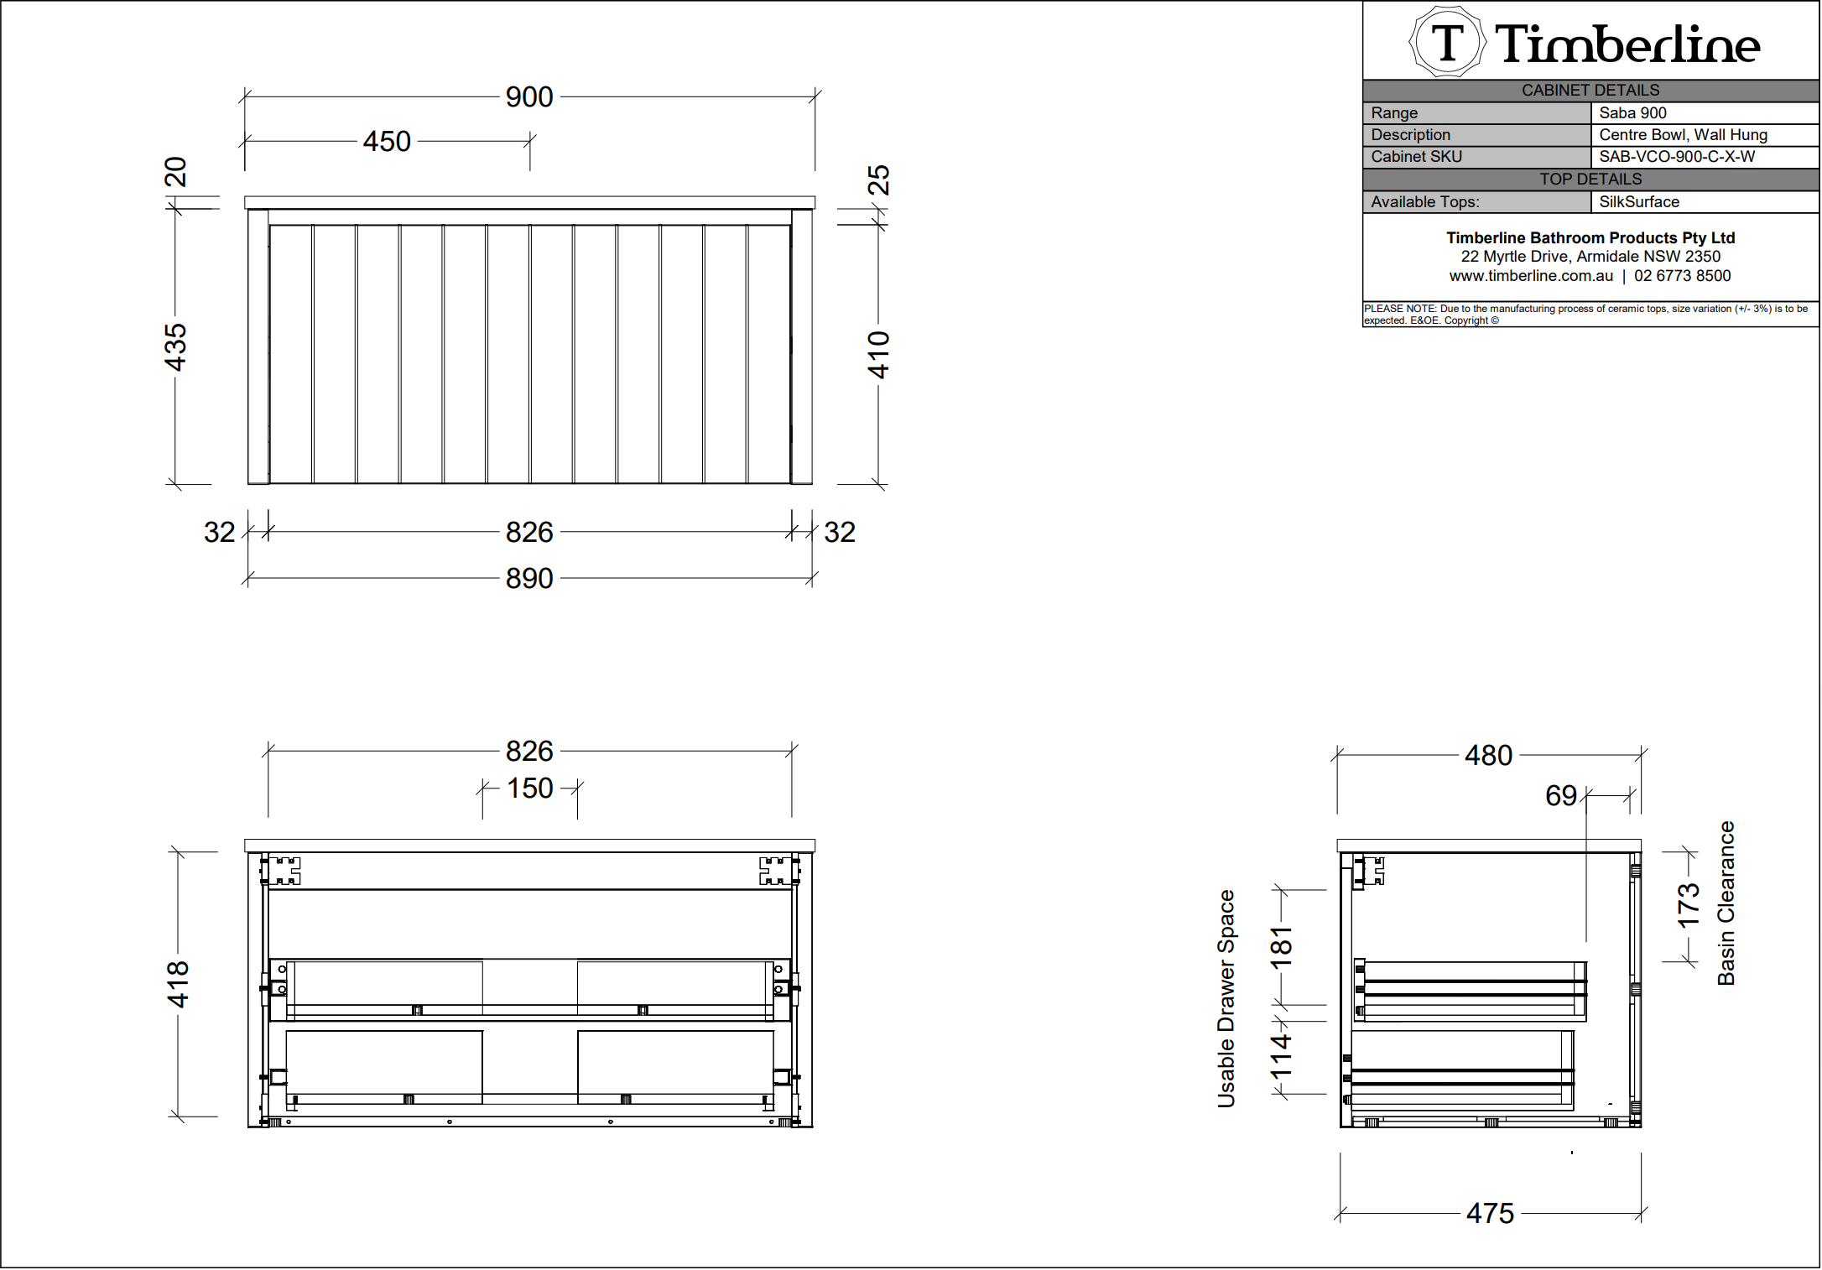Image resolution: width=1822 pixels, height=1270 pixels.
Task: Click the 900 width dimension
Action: [x=529, y=97]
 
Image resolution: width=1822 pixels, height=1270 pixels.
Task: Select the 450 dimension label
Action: [x=387, y=142]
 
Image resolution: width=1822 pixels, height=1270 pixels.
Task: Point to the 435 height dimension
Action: [x=175, y=347]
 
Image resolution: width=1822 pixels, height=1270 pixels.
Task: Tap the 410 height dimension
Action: [x=878, y=355]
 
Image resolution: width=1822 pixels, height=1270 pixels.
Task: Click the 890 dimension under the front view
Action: [x=529, y=579]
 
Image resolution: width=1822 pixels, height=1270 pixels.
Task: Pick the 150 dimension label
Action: [x=530, y=789]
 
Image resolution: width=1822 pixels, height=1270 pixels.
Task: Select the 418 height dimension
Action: [x=178, y=985]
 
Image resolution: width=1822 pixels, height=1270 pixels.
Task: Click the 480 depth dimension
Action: [x=1489, y=756]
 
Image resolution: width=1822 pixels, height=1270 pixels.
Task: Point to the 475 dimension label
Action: [x=1491, y=1214]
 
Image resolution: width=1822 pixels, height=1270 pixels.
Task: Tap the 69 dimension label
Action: [x=1561, y=796]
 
